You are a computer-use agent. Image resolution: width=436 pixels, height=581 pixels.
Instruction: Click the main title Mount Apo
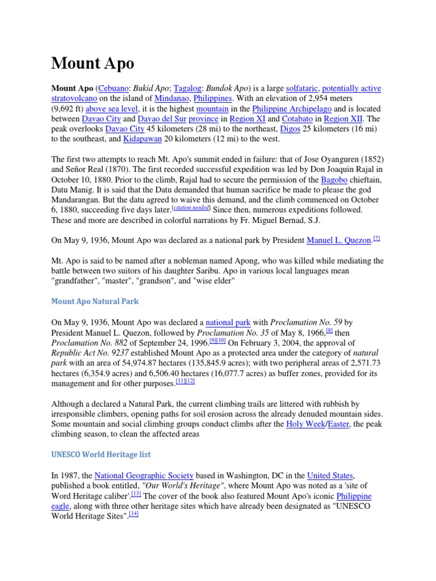pos(93,63)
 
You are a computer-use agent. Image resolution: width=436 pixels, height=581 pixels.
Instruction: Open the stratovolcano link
pos(74,99)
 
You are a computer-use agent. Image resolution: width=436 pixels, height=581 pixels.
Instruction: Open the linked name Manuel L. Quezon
pos(338,241)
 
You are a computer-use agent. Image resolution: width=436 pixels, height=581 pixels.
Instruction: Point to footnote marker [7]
pos(376,238)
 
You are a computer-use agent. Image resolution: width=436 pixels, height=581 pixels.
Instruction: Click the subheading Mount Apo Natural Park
pos(95,301)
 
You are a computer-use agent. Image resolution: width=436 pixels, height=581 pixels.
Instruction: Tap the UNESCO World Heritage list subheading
pos(101,454)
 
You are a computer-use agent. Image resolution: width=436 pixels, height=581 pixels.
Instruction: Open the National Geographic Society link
pos(144,475)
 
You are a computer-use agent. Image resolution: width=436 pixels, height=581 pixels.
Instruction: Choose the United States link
pos(330,475)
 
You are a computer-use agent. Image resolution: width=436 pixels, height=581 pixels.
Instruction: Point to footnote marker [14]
pos(133,514)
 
